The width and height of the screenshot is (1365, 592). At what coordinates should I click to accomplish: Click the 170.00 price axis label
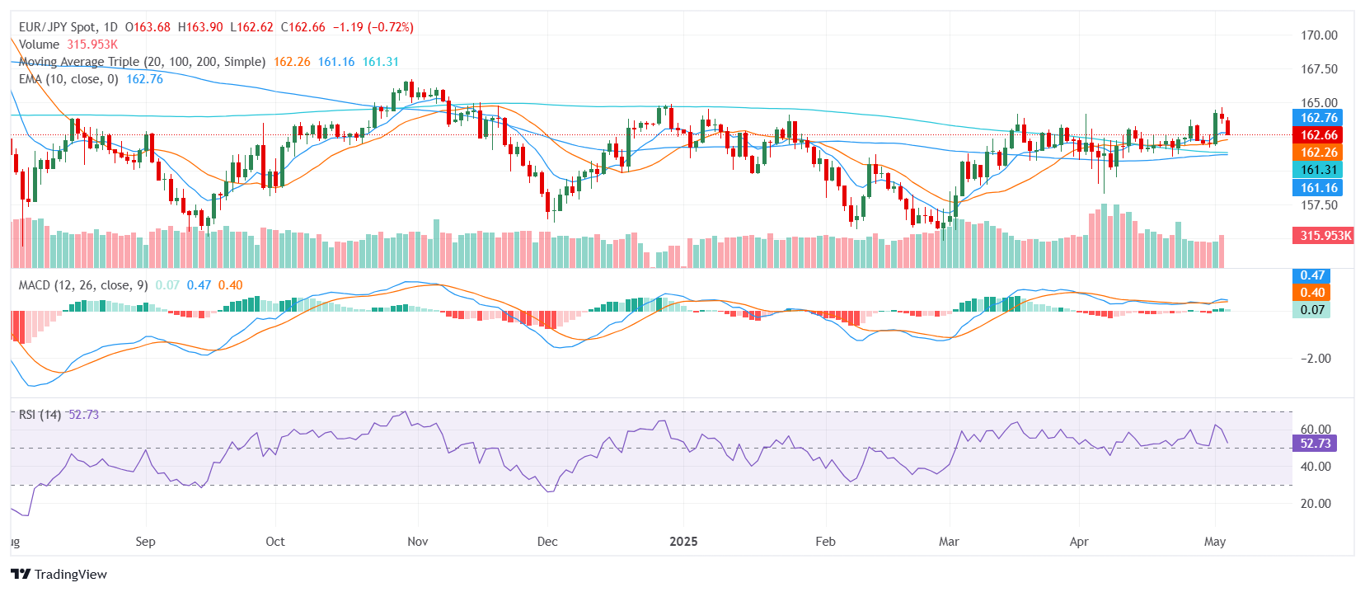[x=1319, y=35]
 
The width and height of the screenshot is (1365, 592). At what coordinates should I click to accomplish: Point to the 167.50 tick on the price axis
[x=1319, y=69]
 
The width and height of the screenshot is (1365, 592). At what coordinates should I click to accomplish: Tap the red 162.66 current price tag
[x=1319, y=135]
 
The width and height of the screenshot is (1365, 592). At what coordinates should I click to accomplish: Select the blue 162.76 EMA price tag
[x=1319, y=118]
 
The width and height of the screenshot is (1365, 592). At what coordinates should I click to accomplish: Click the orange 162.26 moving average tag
[x=1319, y=153]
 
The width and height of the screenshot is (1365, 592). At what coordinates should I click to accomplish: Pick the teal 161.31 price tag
[x=1319, y=170]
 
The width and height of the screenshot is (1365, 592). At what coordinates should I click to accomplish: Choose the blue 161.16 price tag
[x=1319, y=188]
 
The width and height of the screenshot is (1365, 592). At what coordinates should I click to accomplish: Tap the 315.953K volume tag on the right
[x=1325, y=236]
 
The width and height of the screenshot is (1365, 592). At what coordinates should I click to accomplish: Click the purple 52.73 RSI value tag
[x=1315, y=444]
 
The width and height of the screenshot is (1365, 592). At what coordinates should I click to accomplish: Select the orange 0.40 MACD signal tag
[x=1312, y=293]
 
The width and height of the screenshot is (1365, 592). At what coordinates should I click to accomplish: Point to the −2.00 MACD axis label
[x=1316, y=359]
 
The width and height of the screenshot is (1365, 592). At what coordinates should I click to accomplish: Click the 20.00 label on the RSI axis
[x=1316, y=504]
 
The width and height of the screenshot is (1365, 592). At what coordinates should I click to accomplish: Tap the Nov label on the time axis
[x=418, y=542]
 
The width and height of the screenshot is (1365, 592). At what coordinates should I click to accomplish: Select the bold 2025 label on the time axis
[x=683, y=542]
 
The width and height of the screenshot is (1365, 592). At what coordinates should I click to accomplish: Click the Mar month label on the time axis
[x=949, y=542]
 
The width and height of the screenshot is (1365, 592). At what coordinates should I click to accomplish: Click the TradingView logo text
[x=70, y=575]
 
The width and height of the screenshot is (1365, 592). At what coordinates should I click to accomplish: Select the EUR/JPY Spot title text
[x=57, y=27]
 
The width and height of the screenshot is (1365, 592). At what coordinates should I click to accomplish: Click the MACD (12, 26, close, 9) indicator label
[x=83, y=285]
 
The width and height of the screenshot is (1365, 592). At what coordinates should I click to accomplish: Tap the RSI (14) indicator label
[x=40, y=415]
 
